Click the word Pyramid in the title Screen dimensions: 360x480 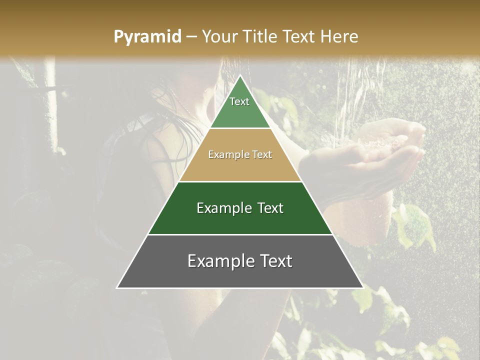pos(147,37)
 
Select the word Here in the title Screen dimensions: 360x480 pos(338,36)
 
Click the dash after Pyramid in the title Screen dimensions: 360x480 pos(191,37)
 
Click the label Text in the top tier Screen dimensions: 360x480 pos(239,101)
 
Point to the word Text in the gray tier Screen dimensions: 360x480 pos(274,261)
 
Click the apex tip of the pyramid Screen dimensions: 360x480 pos(240,75)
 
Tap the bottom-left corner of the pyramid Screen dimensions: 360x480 pos(117,287)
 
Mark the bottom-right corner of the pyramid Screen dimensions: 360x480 pos(362,287)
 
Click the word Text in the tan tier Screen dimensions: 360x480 pos(262,155)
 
